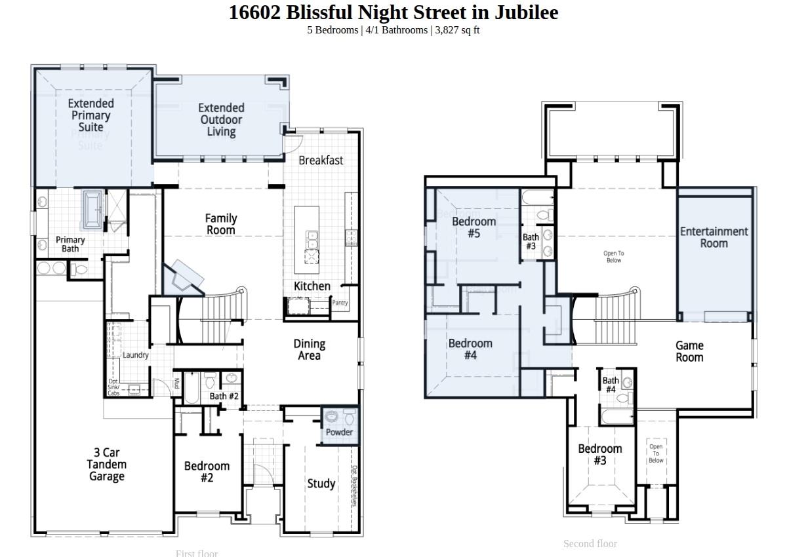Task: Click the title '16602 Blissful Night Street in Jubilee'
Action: coord(393,12)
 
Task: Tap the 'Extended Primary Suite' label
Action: coord(91,115)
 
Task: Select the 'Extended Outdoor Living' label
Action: coord(221,120)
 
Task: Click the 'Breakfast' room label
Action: coord(321,160)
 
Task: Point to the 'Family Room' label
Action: coord(220,224)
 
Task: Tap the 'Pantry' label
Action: coord(340,303)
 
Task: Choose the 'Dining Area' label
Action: coord(309,349)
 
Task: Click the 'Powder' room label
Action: coord(339,432)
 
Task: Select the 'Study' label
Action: coord(321,484)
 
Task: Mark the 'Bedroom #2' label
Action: coord(207,472)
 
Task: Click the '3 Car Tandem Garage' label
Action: coord(106,465)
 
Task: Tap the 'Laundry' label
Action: coord(136,355)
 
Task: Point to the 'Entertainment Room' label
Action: coord(714,237)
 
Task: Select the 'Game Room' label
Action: coord(689,351)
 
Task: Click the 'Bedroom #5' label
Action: coord(474,227)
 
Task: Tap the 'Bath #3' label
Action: coord(531,242)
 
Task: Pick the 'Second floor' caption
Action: coord(590,543)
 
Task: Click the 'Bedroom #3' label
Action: coord(599,455)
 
